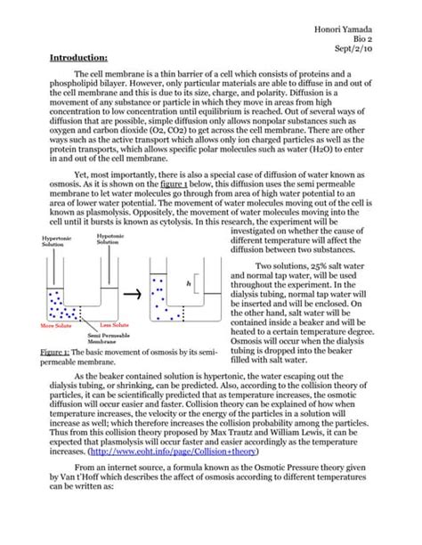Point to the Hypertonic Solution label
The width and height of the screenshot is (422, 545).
pyautogui.click(x=55, y=241)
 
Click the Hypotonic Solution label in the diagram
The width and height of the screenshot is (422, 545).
pyautogui.click(x=110, y=239)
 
